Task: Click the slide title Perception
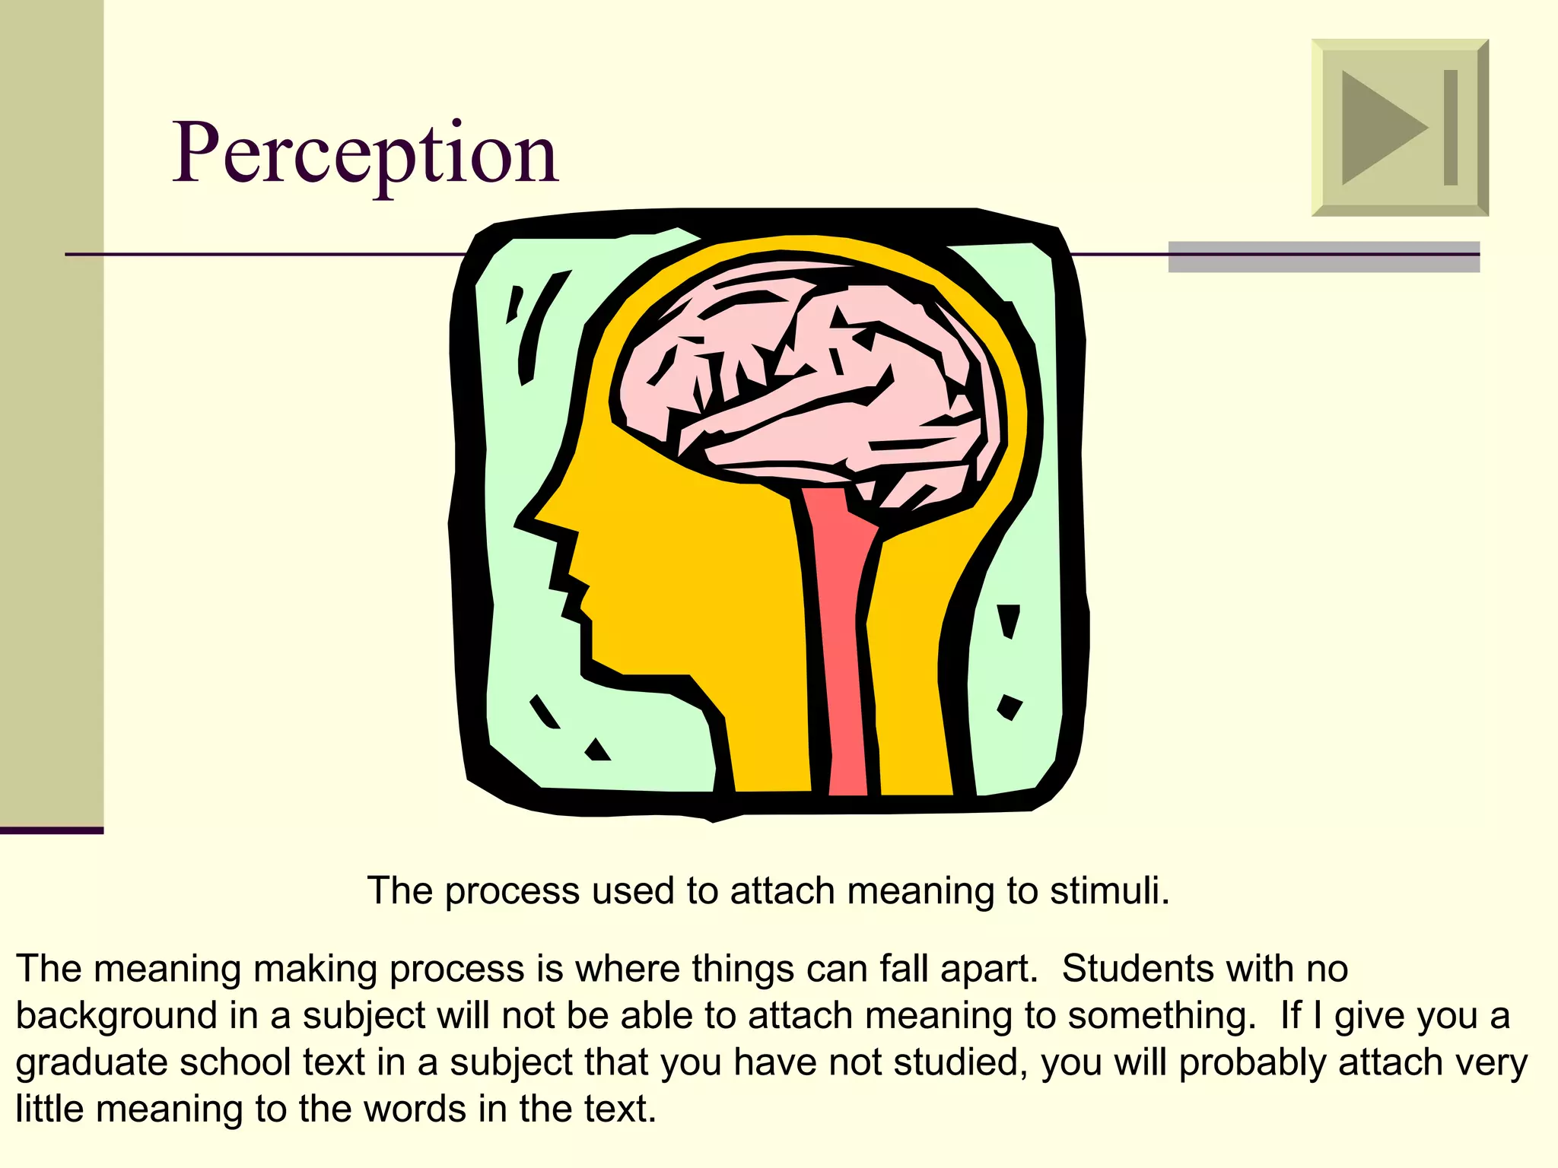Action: point(365,154)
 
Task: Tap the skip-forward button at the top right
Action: point(1400,128)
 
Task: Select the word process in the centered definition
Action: point(512,892)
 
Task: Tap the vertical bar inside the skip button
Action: point(1451,128)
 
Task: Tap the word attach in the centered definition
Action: point(782,890)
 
